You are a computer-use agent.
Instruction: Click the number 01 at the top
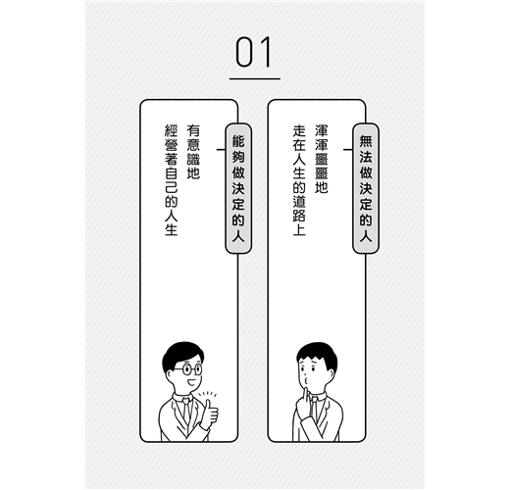(x=254, y=52)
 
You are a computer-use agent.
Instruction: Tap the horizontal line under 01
(x=255, y=78)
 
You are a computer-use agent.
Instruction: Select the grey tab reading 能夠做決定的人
(x=238, y=188)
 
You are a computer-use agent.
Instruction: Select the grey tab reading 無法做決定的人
(x=366, y=188)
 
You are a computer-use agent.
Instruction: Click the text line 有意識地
(x=193, y=152)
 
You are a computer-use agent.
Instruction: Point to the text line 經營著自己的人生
(x=172, y=180)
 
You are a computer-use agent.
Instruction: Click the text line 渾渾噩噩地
(x=322, y=159)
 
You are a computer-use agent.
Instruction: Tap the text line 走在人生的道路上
(x=299, y=180)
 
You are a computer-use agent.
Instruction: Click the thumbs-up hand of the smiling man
(x=209, y=415)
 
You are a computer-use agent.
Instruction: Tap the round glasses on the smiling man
(x=189, y=369)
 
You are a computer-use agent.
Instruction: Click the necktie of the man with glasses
(x=186, y=411)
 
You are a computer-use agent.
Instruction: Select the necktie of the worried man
(x=313, y=409)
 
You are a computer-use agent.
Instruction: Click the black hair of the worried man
(x=318, y=355)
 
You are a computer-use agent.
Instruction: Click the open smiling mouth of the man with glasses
(x=191, y=382)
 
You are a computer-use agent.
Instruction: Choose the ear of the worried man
(x=331, y=374)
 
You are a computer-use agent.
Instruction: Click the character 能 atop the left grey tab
(x=238, y=141)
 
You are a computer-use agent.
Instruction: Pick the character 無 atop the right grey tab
(x=366, y=141)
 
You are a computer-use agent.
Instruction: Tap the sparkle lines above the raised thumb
(x=207, y=394)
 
